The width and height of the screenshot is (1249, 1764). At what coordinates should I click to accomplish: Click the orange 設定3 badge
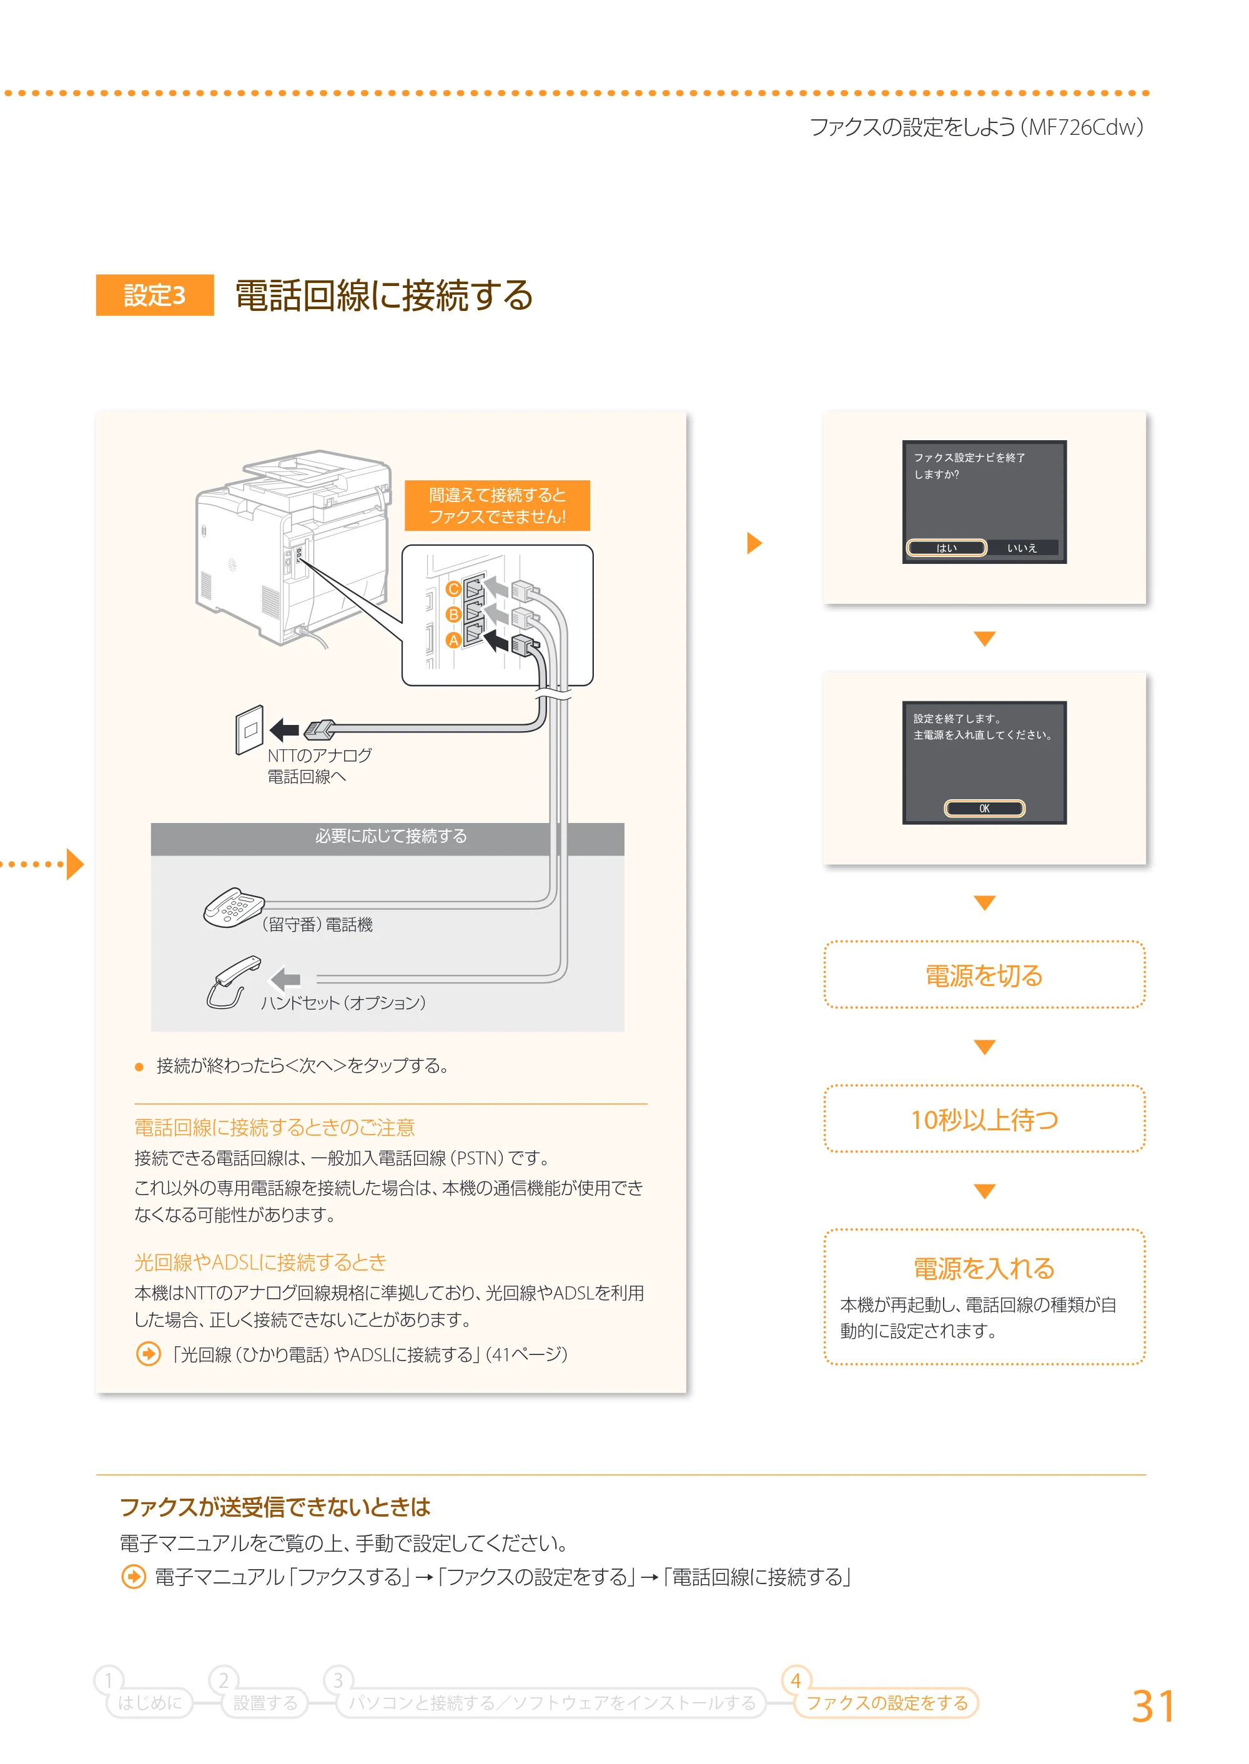(155, 295)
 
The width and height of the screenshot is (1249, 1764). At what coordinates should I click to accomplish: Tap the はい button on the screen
(946, 548)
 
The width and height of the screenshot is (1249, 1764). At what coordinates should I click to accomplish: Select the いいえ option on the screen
(1022, 548)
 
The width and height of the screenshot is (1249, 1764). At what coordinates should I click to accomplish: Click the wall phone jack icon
(250, 730)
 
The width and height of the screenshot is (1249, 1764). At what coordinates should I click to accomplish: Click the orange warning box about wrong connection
(497, 505)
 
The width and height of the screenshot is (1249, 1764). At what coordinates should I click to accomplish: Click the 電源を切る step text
(984, 975)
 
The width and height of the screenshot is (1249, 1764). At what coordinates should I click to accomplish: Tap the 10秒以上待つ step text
(984, 1119)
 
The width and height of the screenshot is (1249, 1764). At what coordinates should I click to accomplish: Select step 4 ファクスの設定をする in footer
(886, 1702)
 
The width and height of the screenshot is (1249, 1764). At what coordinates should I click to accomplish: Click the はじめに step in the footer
(150, 1702)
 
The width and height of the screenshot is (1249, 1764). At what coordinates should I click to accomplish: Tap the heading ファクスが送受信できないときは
(275, 1506)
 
